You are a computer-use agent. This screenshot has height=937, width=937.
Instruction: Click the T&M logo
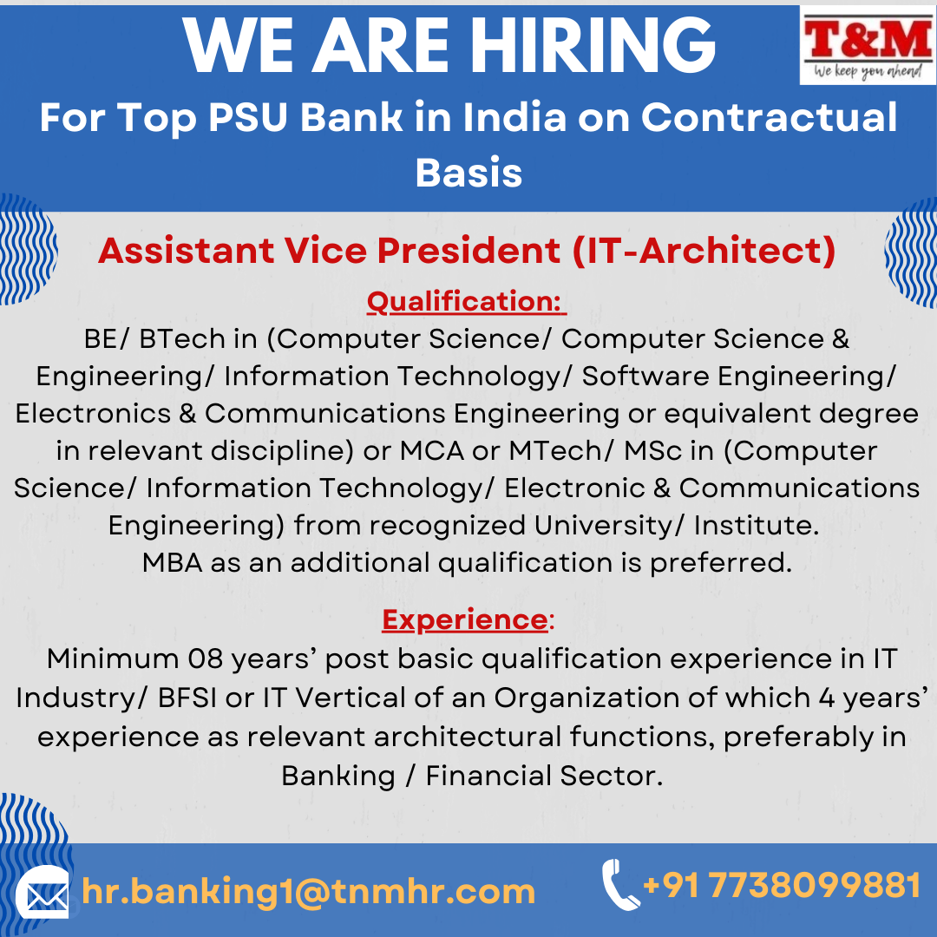click(868, 45)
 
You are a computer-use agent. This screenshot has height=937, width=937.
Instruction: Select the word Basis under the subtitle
click(468, 173)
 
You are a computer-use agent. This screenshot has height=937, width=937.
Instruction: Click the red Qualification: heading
click(466, 301)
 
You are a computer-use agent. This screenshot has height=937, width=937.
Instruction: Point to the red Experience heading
click(465, 619)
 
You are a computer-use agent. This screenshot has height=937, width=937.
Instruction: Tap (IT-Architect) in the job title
click(704, 251)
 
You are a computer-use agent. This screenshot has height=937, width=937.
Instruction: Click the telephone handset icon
click(619, 885)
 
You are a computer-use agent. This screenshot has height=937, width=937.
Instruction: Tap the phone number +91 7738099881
click(782, 885)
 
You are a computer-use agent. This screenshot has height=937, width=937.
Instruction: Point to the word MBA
click(172, 563)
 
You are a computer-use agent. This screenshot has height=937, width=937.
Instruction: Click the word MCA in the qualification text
click(431, 451)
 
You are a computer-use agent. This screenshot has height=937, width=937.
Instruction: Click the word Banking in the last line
click(338, 776)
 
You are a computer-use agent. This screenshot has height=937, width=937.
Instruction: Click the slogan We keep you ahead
click(868, 72)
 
